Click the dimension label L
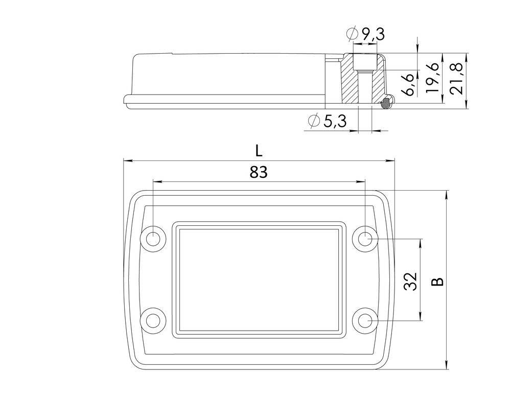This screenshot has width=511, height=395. [x=259, y=151]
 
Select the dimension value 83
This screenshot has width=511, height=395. [x=259, y=173]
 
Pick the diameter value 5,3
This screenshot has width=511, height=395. [x=335, y=121]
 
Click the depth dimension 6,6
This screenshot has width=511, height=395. [x=407, y=83]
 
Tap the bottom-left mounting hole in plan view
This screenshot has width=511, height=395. [x=153, y=320]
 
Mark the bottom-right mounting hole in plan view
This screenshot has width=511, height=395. [x=365, y=320]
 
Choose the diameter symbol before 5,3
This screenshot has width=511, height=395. [x=315, y=121]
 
